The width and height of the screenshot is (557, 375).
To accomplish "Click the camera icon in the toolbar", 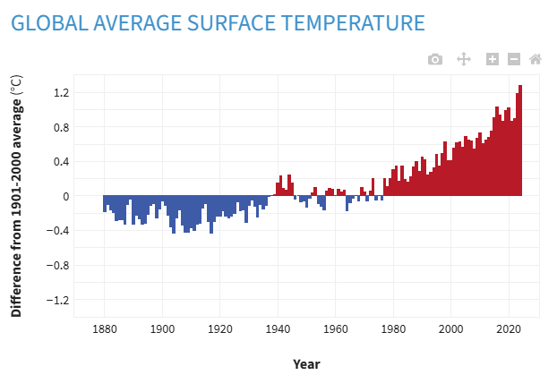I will [435, 59].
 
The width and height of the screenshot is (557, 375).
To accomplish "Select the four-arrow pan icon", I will [464, 59].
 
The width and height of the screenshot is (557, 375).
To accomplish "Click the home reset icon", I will [536, 59].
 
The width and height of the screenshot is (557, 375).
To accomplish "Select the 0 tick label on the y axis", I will [65, 196].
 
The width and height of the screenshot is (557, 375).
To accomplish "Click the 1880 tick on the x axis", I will [104, 328].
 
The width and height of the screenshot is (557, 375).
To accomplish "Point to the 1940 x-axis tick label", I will [278, 328].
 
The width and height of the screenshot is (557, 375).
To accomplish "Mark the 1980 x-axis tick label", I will [393, 328].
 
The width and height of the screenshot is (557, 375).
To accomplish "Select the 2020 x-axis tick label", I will [509, 328].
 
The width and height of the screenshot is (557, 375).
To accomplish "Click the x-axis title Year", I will [306, 363].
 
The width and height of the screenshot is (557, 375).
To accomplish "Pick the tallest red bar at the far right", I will [520, 141].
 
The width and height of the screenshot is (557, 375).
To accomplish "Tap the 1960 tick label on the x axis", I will [335, 328].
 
